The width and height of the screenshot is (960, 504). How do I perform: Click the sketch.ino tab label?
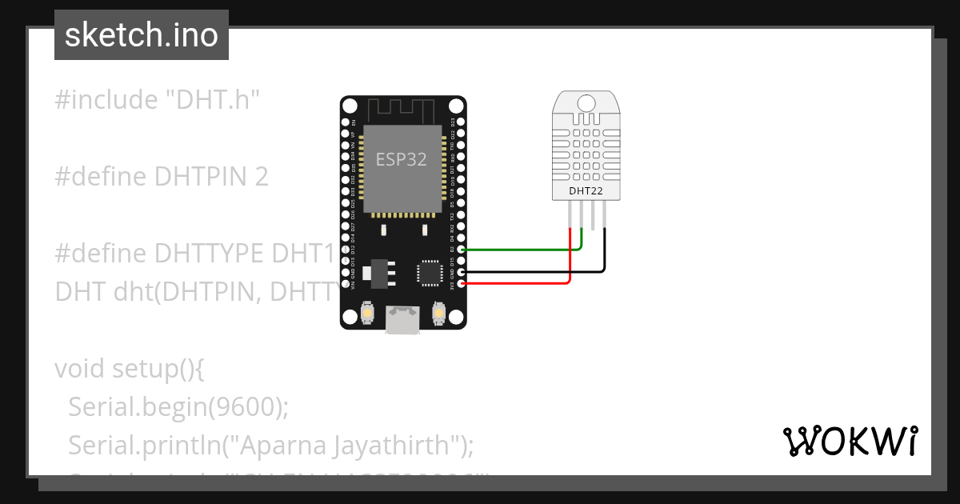click(x=142, y=35)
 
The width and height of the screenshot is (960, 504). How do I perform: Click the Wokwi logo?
click(x=850, y=441)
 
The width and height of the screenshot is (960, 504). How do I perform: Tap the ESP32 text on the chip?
click(x=402, y=158)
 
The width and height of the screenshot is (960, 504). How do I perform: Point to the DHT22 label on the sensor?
click(x=586, y=191)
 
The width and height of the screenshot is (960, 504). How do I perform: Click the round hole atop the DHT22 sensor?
click(x=586, y=102)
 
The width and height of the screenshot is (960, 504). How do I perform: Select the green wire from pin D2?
click(x=520, y=250)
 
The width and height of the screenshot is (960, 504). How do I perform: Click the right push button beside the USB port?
click(x=438, y=312)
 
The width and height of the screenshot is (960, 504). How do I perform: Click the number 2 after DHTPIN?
click(x=261, y=177)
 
